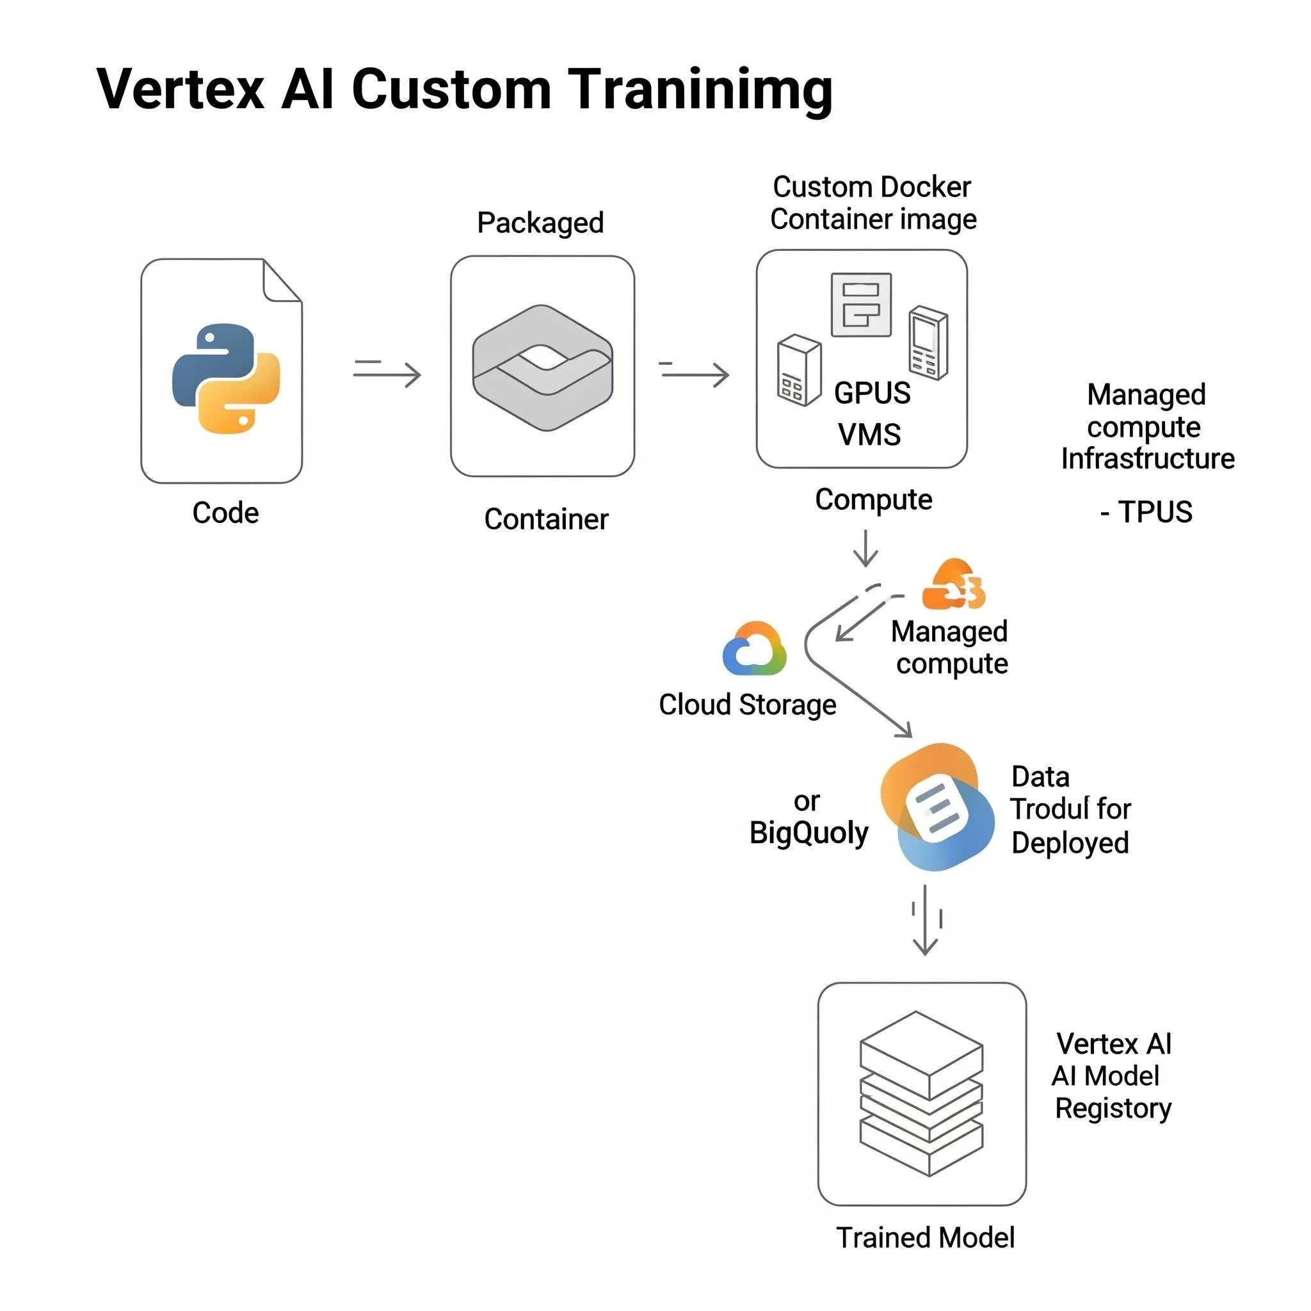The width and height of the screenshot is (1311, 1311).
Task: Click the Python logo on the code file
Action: click(x=226, y=378)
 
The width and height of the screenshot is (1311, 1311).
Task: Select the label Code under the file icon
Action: click(x=225, y=513)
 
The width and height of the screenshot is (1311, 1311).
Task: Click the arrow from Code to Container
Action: click(x=387, y=373)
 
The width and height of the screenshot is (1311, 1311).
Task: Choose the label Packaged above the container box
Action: click(x=540, y=223)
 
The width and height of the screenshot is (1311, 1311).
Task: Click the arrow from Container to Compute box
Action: click(x=694, y=373)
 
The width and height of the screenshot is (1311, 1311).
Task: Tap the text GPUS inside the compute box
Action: click(x=871, y=393)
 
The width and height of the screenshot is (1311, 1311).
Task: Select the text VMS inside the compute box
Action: click(x=869, y=434)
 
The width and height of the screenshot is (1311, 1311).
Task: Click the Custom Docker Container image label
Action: click(x=873, y=203)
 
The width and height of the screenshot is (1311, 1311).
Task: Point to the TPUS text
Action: click(x=1154, y=511)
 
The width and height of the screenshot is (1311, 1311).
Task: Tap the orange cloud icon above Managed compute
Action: click(x=953, y=585)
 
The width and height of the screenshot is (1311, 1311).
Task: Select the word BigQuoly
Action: click(x=808, y=833)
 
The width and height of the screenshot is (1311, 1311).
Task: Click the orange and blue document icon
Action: click(x=937, y=807)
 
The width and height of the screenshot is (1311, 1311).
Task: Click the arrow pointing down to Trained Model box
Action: click(x=925, y=920)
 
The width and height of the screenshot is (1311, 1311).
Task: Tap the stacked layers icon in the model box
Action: click(x=921, y=1093)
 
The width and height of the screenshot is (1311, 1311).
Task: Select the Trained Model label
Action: click(x=925, y=1238)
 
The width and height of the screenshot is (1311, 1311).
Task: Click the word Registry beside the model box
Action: click(x=1113, y=1109)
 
